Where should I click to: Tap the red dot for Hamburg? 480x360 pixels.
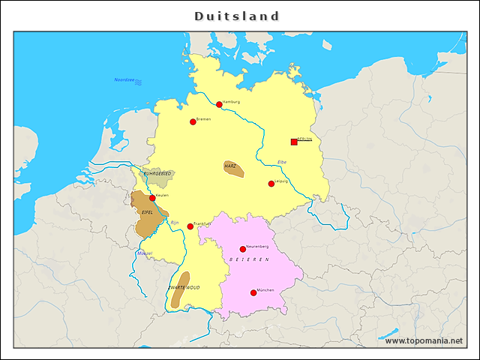pyautogui.click(x=219, y=105)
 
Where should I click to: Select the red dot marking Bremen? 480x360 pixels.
pyautogui.click(x=193, y=121)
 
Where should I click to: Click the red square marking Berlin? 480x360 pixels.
pyautogui.click(x=294, y=142)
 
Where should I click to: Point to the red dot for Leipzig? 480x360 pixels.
pyautogui.click(x=271, y=184)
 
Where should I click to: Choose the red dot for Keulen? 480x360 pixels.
pyautogui.click(x=152, y=198)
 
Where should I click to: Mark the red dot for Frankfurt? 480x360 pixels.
pyautogui.click(x=190, y=226)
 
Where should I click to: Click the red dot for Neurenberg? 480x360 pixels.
pyautogui.click(x=242, y=249)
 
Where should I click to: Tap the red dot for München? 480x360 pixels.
pyautogui.click(x=253, y=292)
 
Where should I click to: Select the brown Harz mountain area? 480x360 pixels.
pyautogui.click(x=234, y=169)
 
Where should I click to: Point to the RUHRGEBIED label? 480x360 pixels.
pyautogui.click(x=157, y=173)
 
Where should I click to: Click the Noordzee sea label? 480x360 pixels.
pyautogui.click(x=124, y=79)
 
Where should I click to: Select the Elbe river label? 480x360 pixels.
pyautogui.click(x=282, y=162)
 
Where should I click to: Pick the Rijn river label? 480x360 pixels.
pyautogui.click(x=175, y=223)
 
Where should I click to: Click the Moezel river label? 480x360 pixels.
pyautogui.click(x=145, y=253)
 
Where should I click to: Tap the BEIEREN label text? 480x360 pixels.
pyautogui.click(x=249, y=259)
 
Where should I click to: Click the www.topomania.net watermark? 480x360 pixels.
pyautogui.click(x=424, y=340)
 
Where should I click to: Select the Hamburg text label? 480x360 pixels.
pyautogui.click(x=231, y=101)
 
